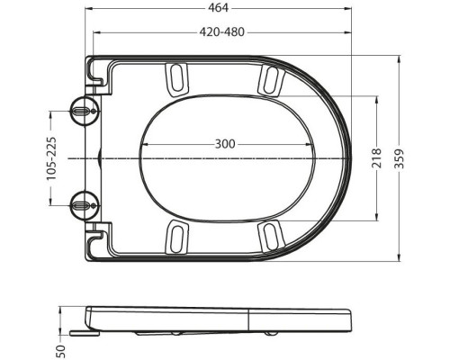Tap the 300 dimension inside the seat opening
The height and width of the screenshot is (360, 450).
pyautogui.click(x=227, y=144)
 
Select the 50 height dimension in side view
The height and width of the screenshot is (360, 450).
pyautogui.click(x=61, y=347)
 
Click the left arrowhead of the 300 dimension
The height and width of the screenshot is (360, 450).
pyautogui.click(x=145, y=156)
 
